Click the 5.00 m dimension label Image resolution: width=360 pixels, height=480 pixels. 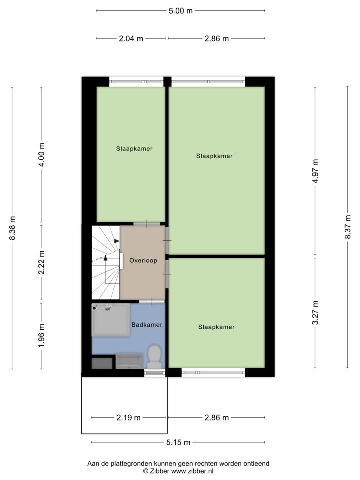pyautogui.click(x=180, y=10)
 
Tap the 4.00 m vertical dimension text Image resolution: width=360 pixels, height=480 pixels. pyautogui.click(x=42, y=155)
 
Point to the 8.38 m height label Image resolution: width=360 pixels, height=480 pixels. pyautogui.click(x=12, y=228)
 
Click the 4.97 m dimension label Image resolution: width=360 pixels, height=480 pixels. pyautogui.click(x=315, y=171)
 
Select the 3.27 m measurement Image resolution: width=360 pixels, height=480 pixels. pyautogui.click(x=315, y=313)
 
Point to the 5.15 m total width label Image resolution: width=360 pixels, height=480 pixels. pyautogui.click(x=178, y=442)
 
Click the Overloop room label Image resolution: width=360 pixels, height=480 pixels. pyautogui.click(x=143, y=260)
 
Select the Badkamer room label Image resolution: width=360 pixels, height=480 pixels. pyautogui.click(x=147, y=325)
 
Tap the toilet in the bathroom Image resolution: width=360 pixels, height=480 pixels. pyautogui.click(x=154, y=357)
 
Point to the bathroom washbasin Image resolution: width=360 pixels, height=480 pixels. pyautogui.click(x=129, y=361)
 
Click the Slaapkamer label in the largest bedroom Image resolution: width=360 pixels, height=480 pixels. pyautogui.click(x=214, y=156)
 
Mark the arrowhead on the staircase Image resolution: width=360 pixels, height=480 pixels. pyautogui.click(x=116, y=241)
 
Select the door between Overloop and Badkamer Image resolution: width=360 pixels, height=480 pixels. pyautogui.click(x=152, y=301)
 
